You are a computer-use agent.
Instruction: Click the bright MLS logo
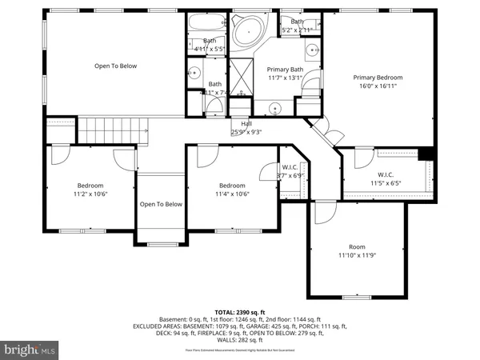tap(30, 350)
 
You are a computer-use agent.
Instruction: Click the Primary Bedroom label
tap(378, 78)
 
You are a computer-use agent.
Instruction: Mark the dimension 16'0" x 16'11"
tap(378, 86)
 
